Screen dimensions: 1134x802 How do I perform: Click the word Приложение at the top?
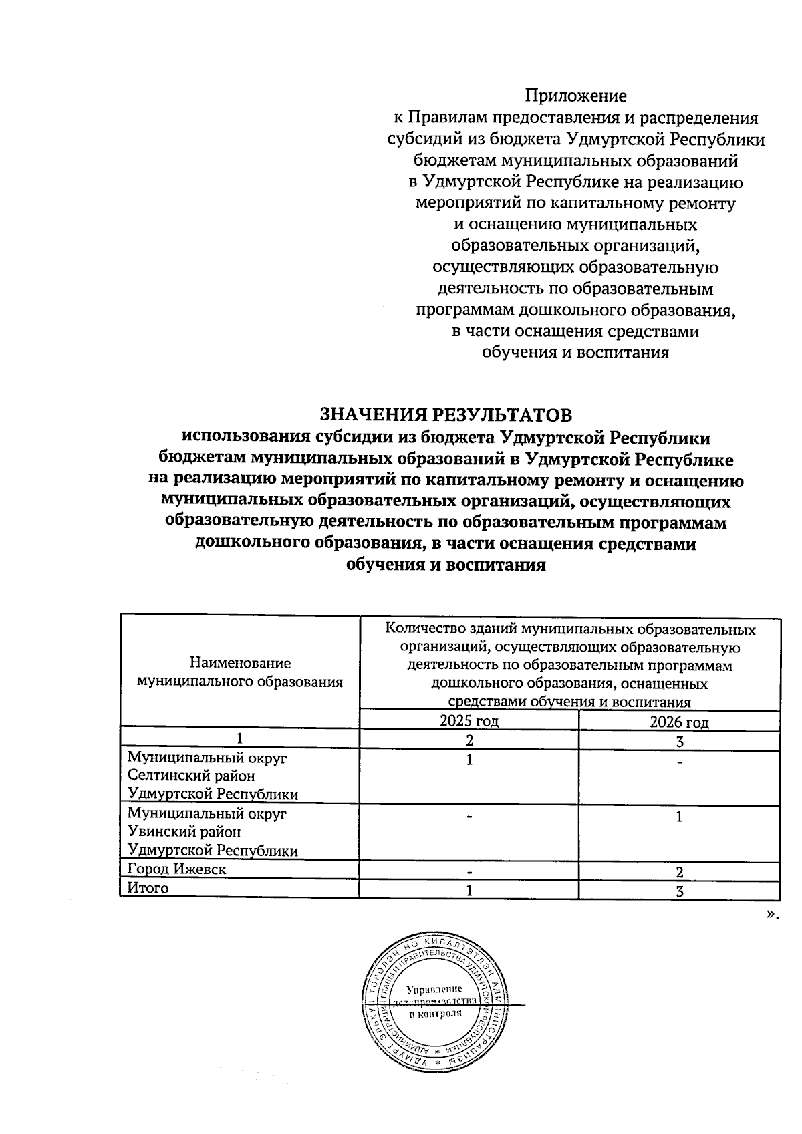pyautogui.click(x=575, y=96)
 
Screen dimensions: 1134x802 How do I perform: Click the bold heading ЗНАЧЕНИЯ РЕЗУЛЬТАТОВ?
pyautogui.click(x=446, y=415)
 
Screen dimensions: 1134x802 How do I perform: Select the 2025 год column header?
pyautogui.click(x=469, y=721)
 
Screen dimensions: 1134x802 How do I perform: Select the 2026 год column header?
pyautogui.click(x=679, y=722)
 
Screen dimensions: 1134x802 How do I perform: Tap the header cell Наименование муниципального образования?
pyautogui.click(x=240, y=672)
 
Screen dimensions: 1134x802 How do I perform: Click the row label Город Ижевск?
pyautogui.click(x=176, y=869)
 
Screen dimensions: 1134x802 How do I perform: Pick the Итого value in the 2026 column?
pyautogui.click(x=679, y=891)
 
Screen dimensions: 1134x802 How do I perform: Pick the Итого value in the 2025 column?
pyautogui.click(x=469, y=891)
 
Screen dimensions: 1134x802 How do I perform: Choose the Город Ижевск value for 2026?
pyautogui.click(x=679, y=872)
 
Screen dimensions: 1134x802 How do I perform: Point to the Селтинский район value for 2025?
pyautogui.click(x=469, y=760)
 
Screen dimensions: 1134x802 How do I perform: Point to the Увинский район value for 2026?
pyautogui.click(x=679, y=817)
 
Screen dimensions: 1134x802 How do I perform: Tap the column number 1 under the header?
pyautogui.click(x=239, y=740)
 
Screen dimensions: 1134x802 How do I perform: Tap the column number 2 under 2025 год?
pyautogui.click(x=469, y=740)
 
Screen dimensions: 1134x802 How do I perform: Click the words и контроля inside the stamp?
pyautogui.click(x=435, y=1014)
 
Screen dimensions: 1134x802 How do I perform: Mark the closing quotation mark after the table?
pyautogui.click(x=773, y=914)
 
